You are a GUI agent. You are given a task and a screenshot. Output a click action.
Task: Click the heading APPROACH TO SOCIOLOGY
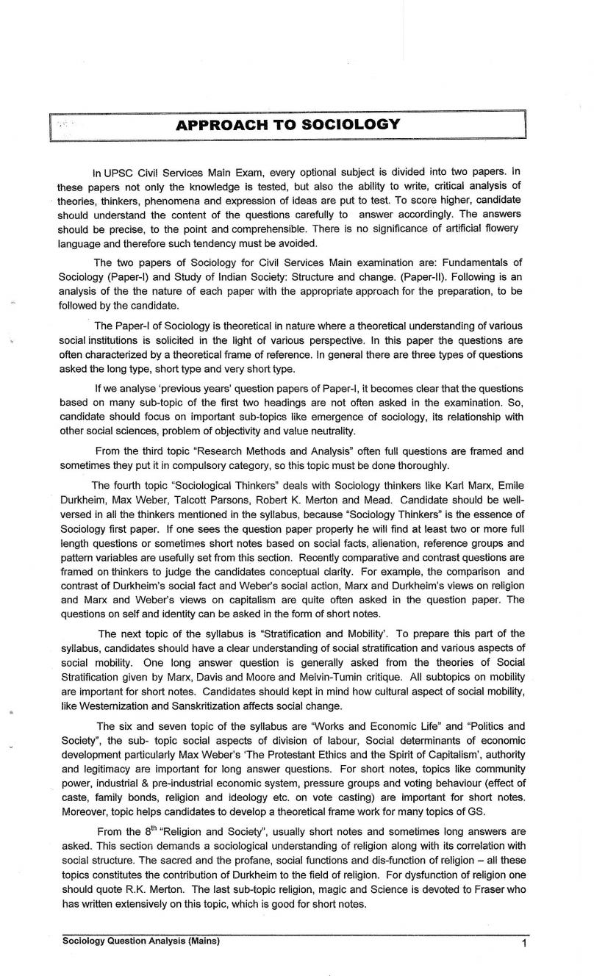(x=288, y=124)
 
